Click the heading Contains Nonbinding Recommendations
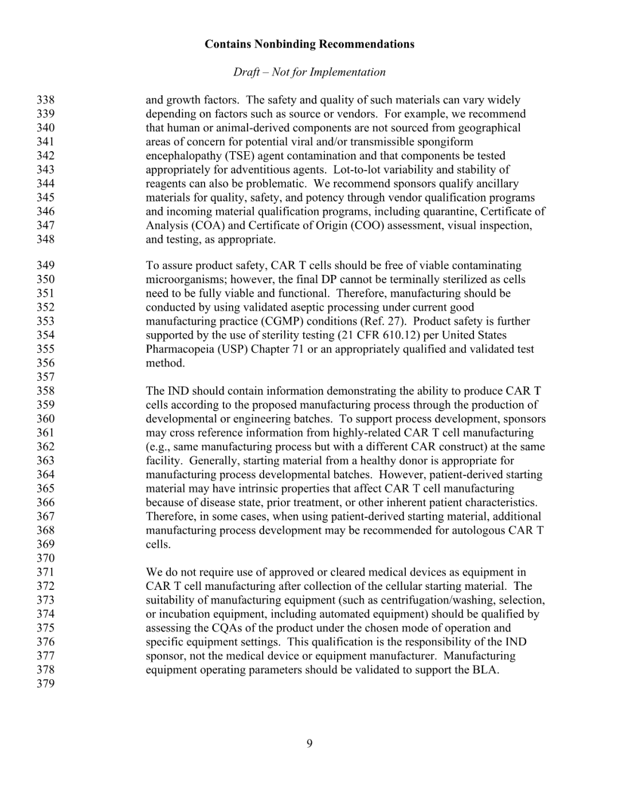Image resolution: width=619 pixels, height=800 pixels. click(309, 44)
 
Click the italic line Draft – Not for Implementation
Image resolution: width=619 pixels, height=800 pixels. click(309, 72)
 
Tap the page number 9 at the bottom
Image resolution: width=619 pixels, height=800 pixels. click(309, 744)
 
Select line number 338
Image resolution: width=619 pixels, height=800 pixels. click(45, 100)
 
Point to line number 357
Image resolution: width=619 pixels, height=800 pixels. click(45, 377)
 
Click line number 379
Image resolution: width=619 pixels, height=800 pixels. click(45, 684)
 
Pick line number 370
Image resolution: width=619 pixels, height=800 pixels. click(45, 558)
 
